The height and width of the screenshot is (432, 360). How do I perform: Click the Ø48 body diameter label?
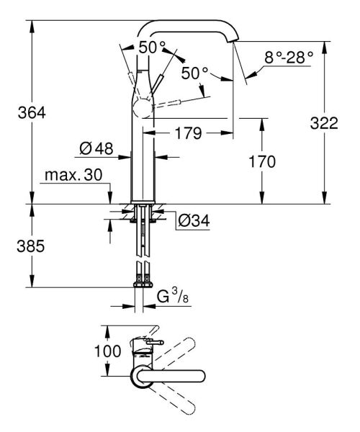click(x=96, y=149)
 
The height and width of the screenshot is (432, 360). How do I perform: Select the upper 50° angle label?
click(x=152, y=46)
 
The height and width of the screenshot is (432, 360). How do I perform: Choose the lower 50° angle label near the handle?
click(x=194, y=73)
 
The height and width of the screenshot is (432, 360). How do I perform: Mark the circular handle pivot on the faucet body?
click(x=141, y=110)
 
